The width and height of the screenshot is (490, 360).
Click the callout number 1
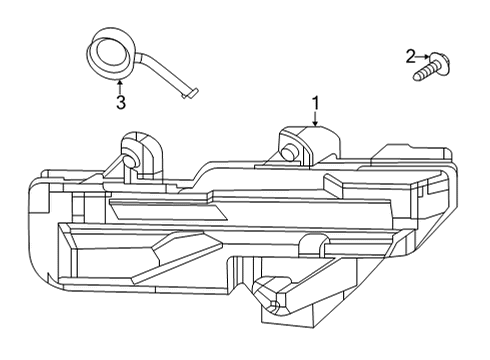pos(315,103)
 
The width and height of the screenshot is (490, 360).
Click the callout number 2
pos(411,57)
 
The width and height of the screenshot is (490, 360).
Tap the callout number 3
pos(121,102)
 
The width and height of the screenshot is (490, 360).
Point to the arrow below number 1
pos(315,119)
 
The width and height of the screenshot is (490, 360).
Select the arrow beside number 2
pos(423,57)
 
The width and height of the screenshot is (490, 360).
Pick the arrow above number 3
pos(120,86)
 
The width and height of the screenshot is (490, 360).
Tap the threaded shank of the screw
pos(423,73)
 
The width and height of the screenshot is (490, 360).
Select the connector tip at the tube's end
pos(190,93)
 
